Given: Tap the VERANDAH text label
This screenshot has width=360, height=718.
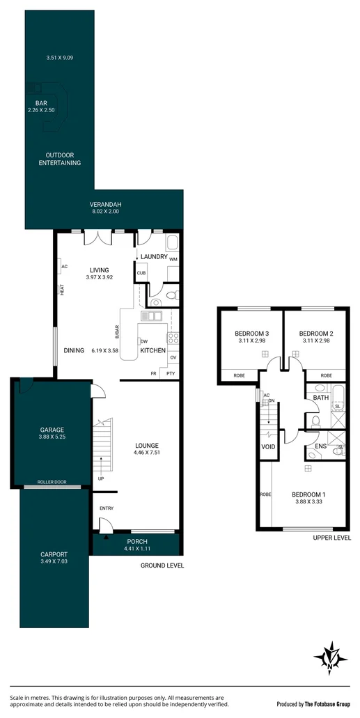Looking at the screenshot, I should [104, 204].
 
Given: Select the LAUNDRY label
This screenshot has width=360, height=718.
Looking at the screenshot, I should [154, 257].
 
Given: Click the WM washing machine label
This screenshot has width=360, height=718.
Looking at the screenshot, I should [173, 259].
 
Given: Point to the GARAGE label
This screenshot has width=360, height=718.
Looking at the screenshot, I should [52, 430].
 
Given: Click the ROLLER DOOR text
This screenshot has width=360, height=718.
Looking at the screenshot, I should [52, 481].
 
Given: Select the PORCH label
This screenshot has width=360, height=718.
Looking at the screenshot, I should [136, 541].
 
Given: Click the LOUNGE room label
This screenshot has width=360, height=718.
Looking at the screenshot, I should [147, 445].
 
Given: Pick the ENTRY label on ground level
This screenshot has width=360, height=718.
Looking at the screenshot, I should [107, 508].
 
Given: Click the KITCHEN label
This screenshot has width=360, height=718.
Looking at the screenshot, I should [153, 351].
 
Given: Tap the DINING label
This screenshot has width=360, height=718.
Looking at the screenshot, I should [74, 351].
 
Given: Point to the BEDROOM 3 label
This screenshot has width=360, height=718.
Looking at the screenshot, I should [251, 333].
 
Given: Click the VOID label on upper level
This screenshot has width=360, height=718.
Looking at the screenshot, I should [267, 446].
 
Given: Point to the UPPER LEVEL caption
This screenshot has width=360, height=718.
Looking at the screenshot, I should [331, 538].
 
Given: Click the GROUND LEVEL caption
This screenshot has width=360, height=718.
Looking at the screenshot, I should [162, 565].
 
